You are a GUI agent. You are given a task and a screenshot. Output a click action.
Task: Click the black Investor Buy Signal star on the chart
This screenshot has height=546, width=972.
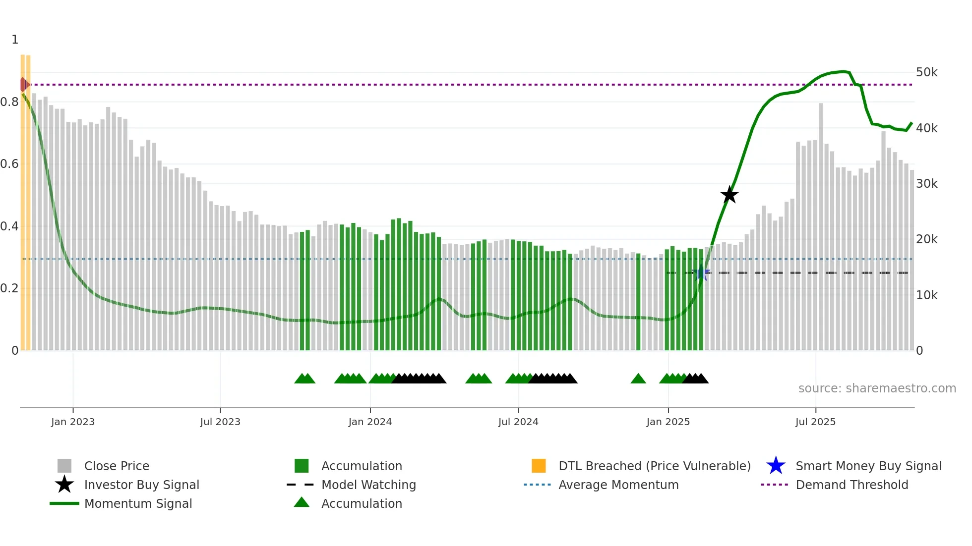click(729, 195)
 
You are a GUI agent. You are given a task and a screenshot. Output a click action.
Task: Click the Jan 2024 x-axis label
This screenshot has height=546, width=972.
click(370, 422)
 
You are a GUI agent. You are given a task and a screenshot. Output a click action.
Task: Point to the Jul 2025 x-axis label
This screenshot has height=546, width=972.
click(815, 422)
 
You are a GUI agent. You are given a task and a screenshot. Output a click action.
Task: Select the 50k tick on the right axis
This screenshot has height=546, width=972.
click(926, 72)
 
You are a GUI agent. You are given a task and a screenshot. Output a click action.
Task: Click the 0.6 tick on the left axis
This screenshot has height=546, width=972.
click(9, 164)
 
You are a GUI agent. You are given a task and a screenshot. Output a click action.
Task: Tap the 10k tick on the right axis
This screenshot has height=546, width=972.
click(926, 295)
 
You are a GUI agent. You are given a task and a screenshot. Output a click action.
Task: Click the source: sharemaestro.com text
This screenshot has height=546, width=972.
click(877, 388)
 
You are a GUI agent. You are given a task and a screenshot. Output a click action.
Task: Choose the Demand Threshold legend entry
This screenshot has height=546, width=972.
click(851, 485)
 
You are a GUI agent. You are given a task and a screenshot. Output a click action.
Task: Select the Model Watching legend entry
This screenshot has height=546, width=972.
click(368, 485)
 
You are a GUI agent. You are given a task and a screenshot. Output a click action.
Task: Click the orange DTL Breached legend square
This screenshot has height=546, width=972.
click(539, 466)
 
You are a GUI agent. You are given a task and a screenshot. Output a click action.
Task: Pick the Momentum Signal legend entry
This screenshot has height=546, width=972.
click(138, 503)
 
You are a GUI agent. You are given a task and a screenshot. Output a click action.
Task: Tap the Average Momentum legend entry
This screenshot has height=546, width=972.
click(618, 485)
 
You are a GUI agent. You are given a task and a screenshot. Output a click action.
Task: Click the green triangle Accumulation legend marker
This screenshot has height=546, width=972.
click(302, 502)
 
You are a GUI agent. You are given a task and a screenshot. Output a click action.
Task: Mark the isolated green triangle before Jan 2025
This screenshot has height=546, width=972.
click(638, 379)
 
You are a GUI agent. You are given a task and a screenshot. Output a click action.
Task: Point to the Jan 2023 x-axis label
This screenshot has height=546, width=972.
click(73, 422)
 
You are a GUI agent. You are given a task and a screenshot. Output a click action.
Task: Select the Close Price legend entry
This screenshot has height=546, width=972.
click(116, 466)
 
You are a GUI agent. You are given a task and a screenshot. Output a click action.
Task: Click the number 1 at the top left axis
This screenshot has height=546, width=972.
click(15, 40)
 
